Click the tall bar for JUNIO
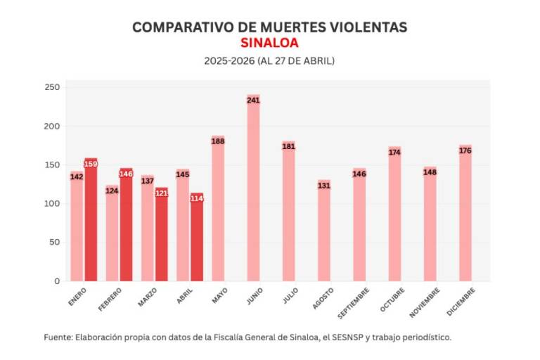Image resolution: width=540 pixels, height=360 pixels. [253, 190]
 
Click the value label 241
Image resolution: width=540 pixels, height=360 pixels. [253, 101]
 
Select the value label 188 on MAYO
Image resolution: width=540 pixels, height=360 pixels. [218, 141]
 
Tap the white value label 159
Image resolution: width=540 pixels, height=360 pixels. [91, 164]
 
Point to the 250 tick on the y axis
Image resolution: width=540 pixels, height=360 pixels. [53, 87]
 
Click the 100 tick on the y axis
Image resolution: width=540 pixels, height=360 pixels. [53, 204]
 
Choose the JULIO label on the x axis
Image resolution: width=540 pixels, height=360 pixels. [288, 295]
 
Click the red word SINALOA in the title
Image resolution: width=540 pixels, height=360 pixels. [269, 43]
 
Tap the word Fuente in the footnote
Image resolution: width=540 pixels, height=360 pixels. [57, 337]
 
